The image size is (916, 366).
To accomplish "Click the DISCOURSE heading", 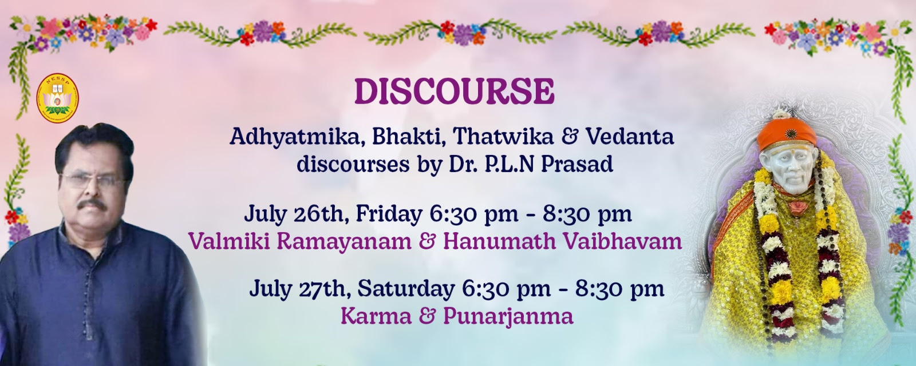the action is tap(455, 91).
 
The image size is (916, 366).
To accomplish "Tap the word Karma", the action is tap(376, 317).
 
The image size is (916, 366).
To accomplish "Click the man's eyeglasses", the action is tap(91, 180).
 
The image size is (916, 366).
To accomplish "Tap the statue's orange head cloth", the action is tap(787, 133).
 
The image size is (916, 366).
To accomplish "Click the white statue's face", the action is tap(788, 169).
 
